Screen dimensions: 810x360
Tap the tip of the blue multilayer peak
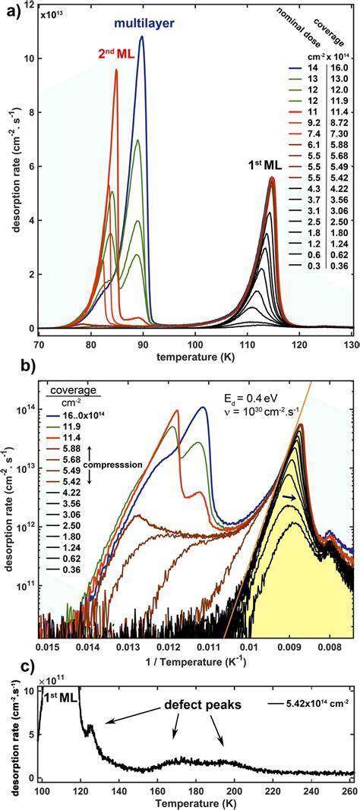click(x=142, y=37)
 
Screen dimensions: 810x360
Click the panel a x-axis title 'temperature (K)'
click(x=195, y=355)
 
